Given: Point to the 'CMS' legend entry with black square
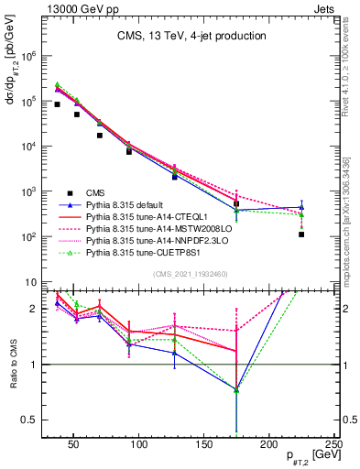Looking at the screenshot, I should (x=96, y=192).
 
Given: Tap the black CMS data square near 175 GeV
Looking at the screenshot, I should (x=236, y=204).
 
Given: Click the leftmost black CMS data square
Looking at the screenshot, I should (x=57, y=104).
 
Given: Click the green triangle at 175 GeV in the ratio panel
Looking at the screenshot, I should (x=236, y=390).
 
